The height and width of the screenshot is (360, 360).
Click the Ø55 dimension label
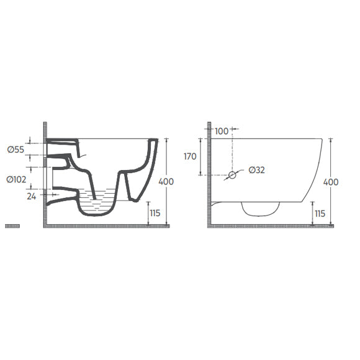(16, 150)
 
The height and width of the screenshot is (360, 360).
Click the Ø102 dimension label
(16, 179)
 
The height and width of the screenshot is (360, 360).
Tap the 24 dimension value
(32, 196)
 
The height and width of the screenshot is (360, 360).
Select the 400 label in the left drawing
(166, 182)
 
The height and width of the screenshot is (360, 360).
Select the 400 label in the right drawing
(331, 182)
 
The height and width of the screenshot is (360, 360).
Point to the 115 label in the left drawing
(155, 213)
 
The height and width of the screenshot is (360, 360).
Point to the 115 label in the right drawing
(320, 214)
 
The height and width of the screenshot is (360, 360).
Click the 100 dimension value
(222, 131)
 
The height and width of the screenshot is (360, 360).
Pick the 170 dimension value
(190, 156)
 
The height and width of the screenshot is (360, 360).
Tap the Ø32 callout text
(257, 170)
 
